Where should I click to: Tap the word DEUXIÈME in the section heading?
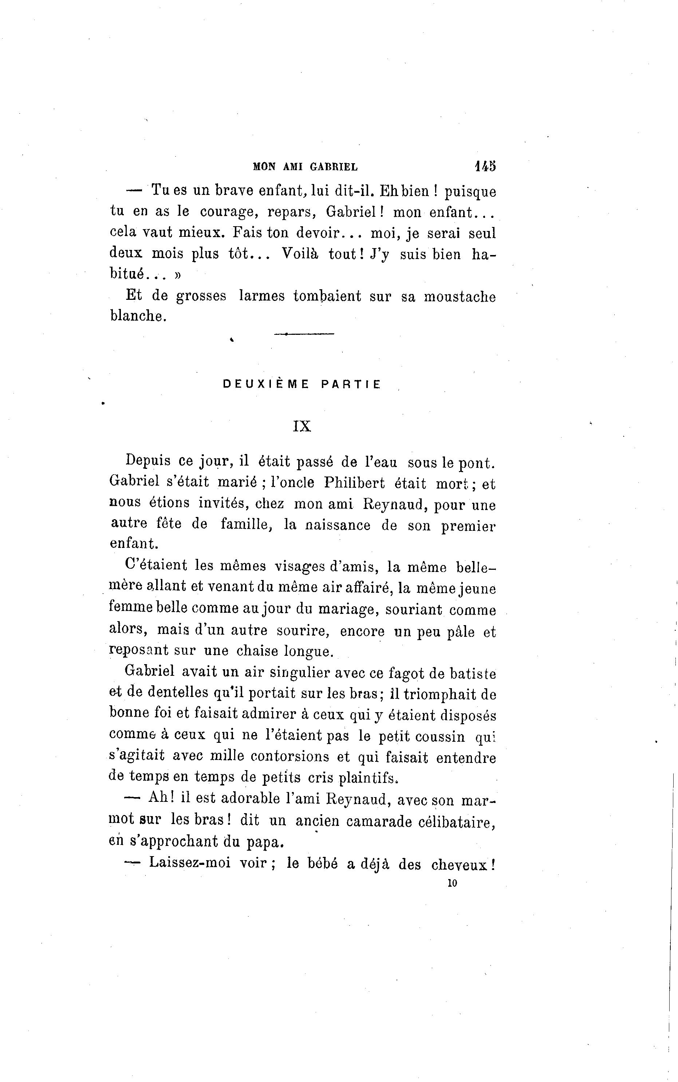coord(266,384)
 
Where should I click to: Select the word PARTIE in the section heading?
coord(351,384)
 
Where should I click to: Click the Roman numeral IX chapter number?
coord(302,426)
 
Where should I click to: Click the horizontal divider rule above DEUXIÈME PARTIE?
coord(304,334)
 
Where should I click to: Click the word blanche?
coord(138,316)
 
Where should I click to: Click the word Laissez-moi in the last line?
coord(190,862)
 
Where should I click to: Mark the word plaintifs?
coord(368,777)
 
